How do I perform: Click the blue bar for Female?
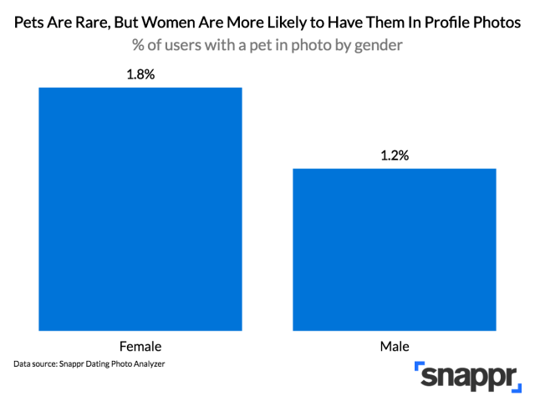coord(140,208)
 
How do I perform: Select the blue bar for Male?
coord(395,249)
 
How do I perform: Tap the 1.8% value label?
coord(140,74)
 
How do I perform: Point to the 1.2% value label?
coord(395,155)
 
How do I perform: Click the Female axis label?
coord(140,345)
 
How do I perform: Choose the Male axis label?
coord(395,345)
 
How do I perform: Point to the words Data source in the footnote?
coord(39,365)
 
